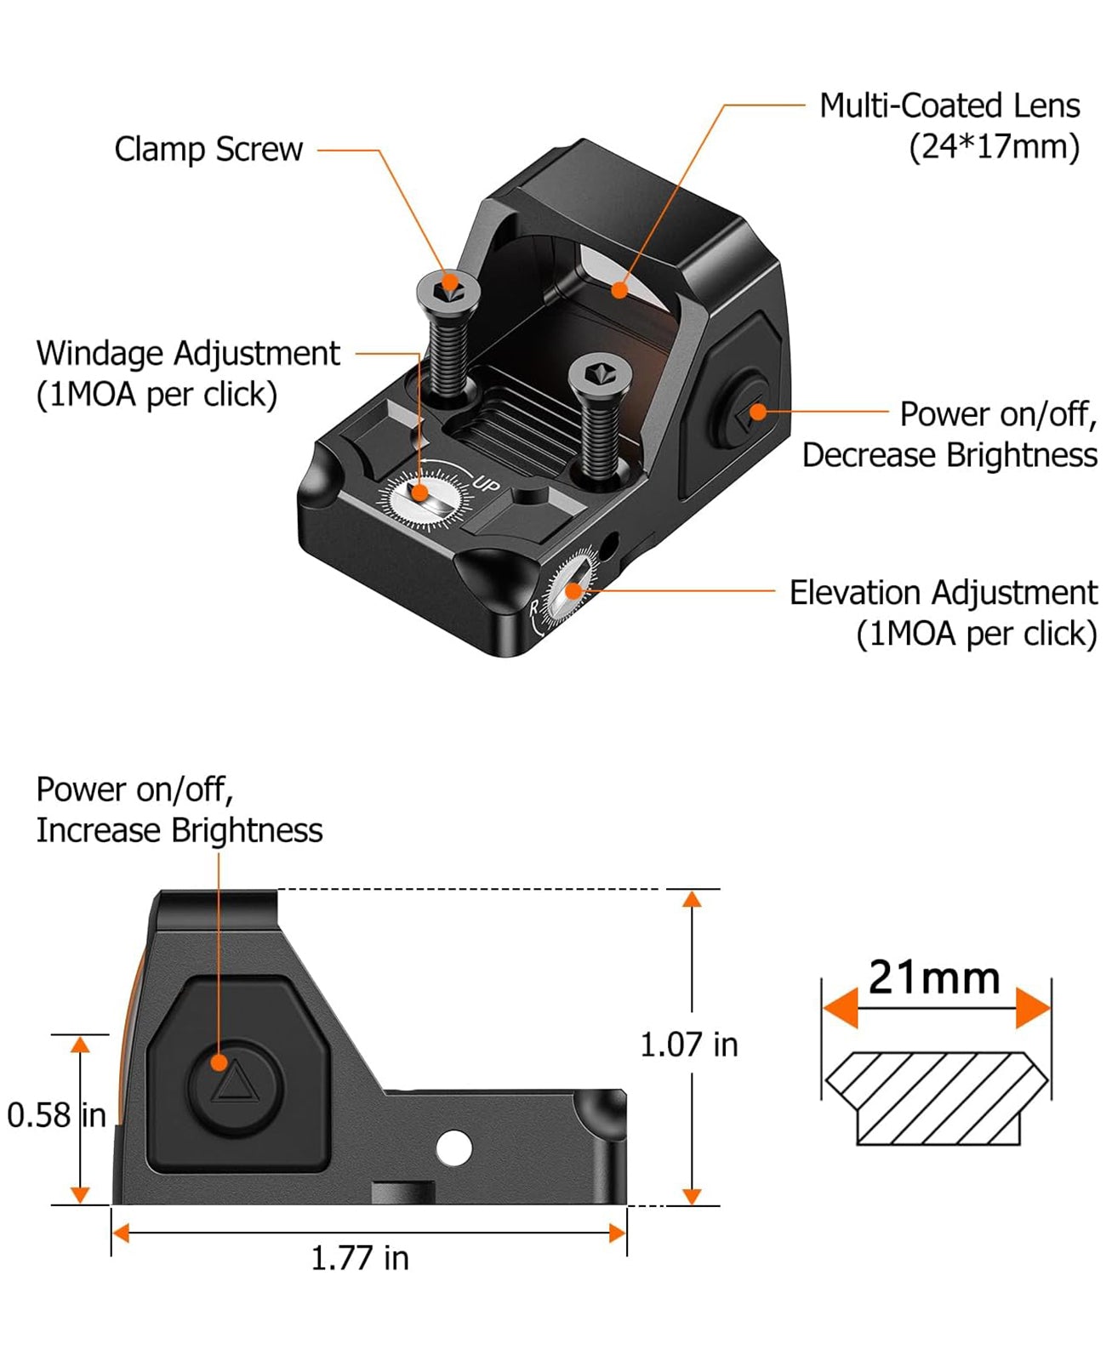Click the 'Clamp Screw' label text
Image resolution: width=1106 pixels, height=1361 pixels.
[x=208, y=151]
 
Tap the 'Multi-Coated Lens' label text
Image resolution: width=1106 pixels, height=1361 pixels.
[x=949, y=106]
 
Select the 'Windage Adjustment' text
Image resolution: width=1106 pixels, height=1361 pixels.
[x=188, y=354]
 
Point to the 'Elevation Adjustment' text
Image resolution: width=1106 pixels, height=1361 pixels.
[x=943, y=593]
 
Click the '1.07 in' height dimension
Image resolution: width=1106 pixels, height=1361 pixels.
[x=689, y=1045]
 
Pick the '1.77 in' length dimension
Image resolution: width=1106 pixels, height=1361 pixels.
[x=360, y=1257]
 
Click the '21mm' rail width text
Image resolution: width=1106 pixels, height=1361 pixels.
[x=934, y=977]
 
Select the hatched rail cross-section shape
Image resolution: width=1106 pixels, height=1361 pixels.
[x=937, y=1098]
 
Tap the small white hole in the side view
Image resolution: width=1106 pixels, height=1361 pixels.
[x=453, y=1147]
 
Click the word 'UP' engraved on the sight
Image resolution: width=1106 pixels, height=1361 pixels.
[x=486, y=483]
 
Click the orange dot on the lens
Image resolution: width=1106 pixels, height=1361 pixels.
[x=619, y=291]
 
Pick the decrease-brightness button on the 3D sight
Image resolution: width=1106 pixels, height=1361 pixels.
[x=743, y=413]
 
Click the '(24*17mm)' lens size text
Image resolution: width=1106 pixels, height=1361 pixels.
[x=995, y=148]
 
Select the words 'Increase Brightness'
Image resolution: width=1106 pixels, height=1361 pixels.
[x=180, y=831]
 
